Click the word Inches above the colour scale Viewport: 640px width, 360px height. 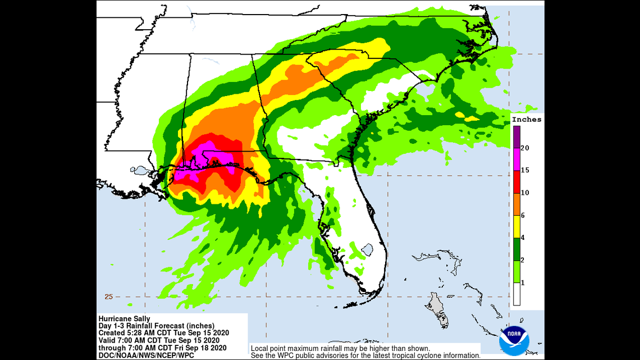point(527,119)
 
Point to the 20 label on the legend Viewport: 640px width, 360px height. point(525,148)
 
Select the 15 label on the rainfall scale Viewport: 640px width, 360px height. point(525,170)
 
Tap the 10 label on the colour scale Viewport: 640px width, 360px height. point(525,193)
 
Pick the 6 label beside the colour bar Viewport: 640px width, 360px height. point(523,215)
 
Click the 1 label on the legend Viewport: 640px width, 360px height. point(523,282)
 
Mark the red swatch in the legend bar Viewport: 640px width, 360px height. point(516,181)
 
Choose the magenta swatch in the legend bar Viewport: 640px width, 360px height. point(516,159)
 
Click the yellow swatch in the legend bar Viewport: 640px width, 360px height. point(516,226)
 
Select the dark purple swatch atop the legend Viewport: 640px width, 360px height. point(516,136)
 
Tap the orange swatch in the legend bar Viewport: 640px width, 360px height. point(516,204)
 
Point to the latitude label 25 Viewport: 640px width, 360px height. point(108,297)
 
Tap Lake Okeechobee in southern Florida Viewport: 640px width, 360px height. point(367,248)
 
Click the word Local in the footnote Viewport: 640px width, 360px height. point(260,348)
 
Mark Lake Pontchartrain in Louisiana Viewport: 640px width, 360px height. point(139,169)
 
